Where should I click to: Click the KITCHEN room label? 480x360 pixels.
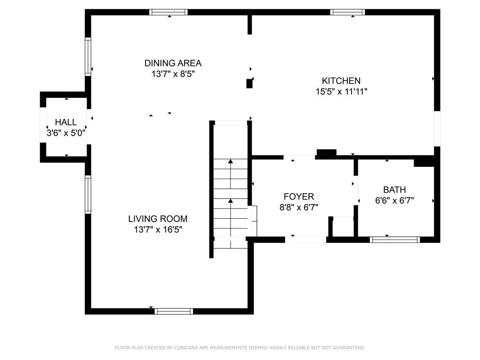tap(341, 81)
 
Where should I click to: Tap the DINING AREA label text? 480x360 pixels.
tap(173, 63)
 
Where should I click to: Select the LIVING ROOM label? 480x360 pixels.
tap(157, 219)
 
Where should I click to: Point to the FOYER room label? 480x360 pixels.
tap(299, 196)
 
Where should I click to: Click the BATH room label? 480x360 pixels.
tap(395, 190)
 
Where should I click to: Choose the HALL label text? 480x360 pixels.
tap(66, 122)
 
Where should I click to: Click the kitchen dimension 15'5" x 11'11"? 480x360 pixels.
tap(341, 91)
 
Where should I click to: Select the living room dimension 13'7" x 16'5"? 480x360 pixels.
tap(158, 230)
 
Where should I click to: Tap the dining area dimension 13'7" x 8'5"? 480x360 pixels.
tap(173, 74)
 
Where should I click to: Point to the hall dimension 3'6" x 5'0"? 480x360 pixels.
tap(66, 133)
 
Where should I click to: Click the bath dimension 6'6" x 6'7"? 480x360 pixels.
tap(395, 201)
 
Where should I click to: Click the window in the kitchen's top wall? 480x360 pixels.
tap(347, 12)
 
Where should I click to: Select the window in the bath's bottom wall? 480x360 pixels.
tap(395, 240)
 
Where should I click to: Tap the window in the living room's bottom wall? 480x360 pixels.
tap(174, 311)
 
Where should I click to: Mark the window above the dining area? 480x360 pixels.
tap(168, 12)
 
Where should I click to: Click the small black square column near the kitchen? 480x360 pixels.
tap(249, 83)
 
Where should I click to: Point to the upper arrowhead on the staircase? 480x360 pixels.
tap(231, 161)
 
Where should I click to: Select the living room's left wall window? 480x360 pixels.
tap(88, 195)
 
